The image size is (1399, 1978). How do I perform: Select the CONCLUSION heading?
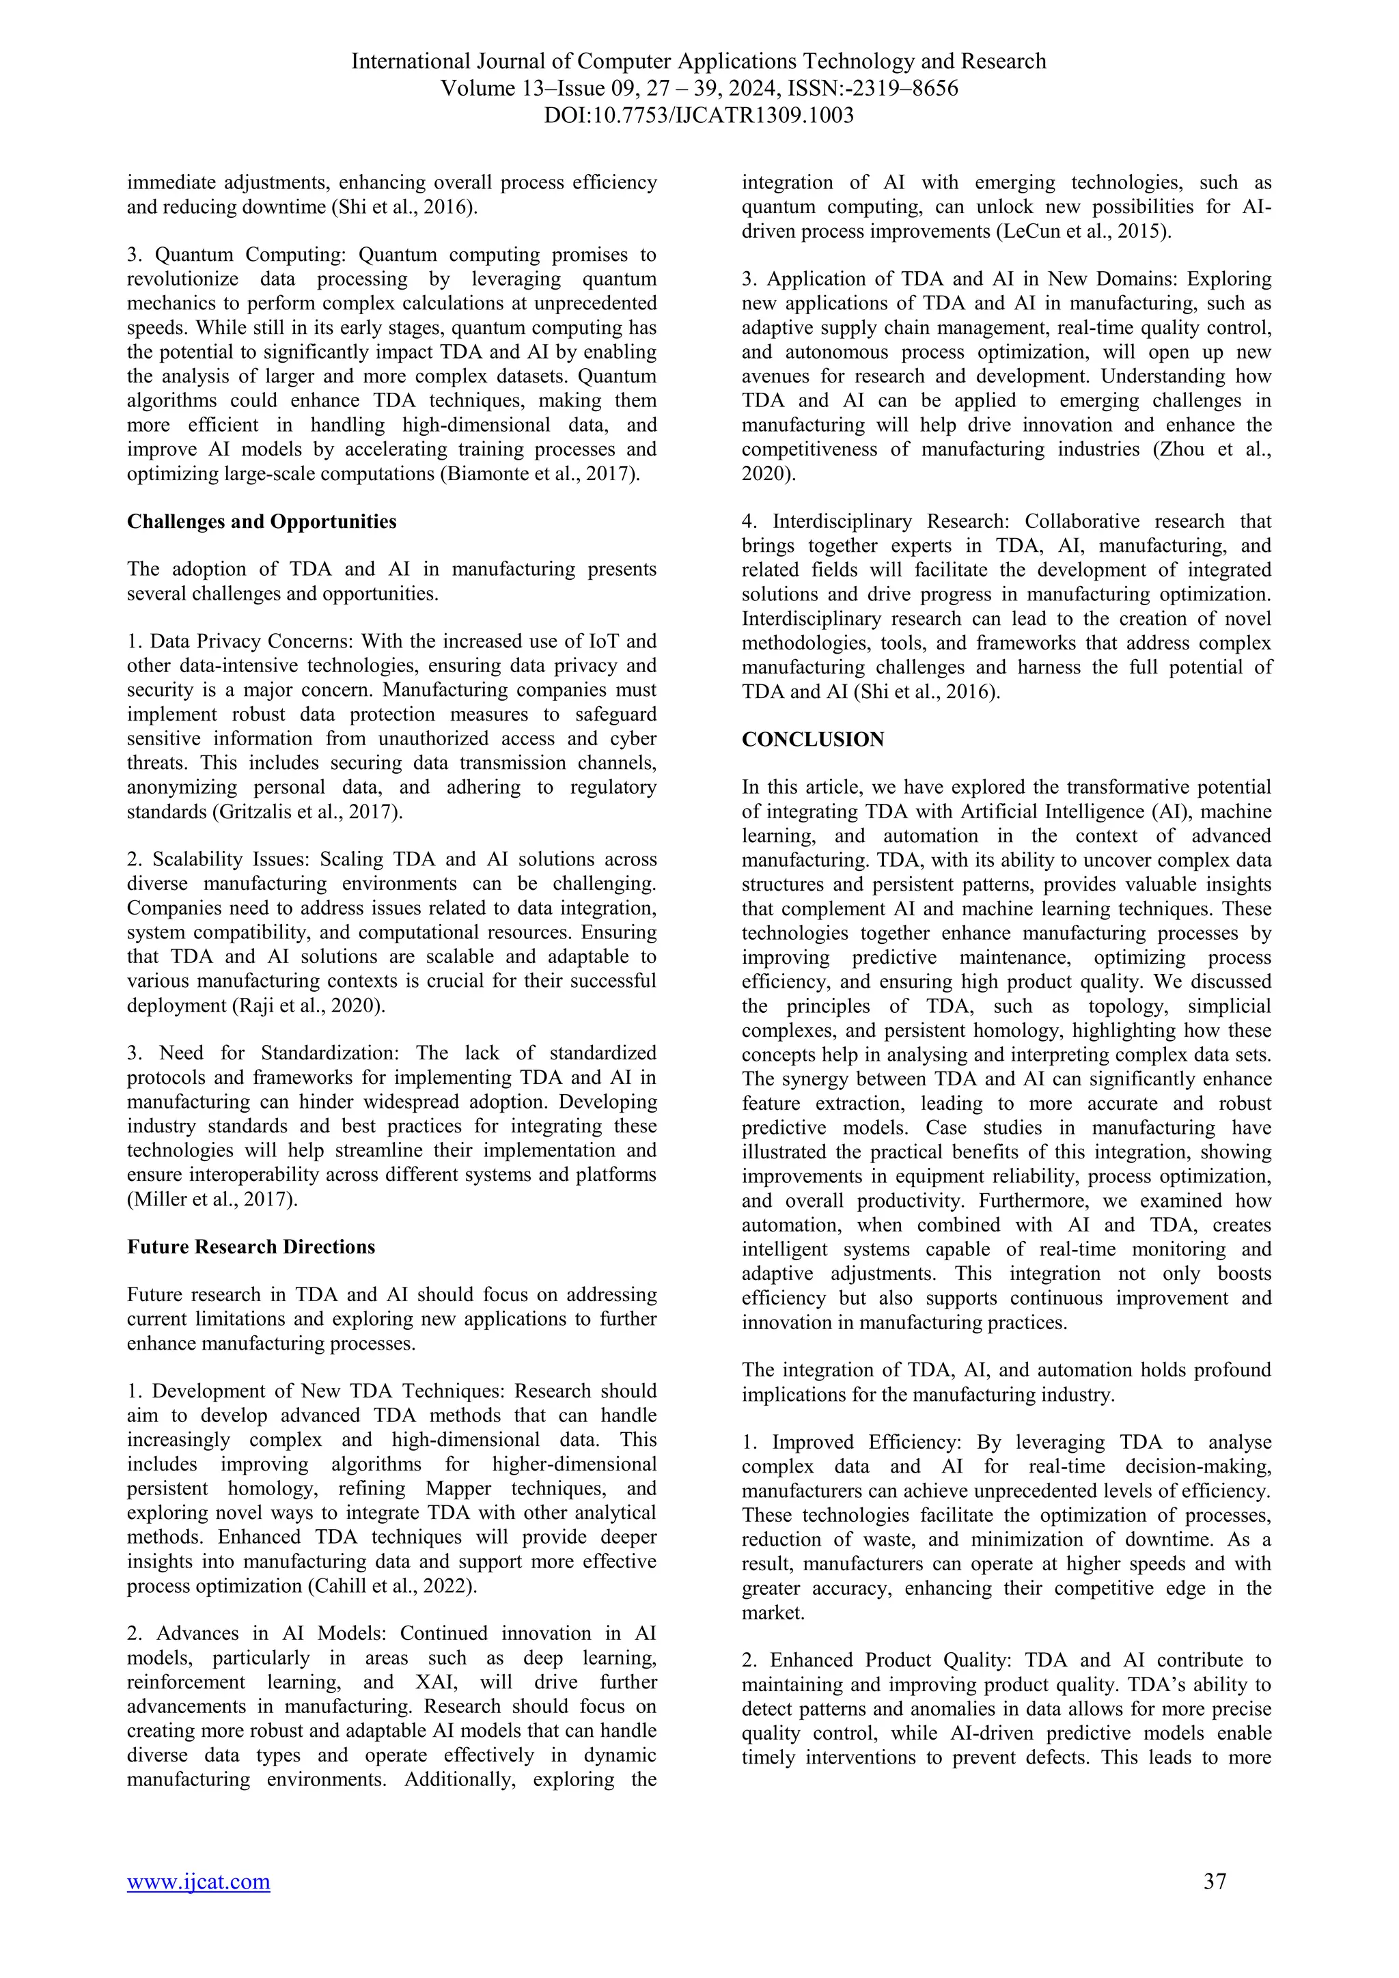(x=812, y=739)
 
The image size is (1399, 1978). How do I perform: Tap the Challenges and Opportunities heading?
(x=262, y=521)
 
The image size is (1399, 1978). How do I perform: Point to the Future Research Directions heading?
(x=251, y=1246)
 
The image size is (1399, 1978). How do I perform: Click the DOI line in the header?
(x=699, y=115)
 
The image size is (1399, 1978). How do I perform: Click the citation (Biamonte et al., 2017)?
(x=540, y=474)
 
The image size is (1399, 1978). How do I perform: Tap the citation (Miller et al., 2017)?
(x=212, y=1199)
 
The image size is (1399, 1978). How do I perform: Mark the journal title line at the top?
(x=699, y=61)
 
